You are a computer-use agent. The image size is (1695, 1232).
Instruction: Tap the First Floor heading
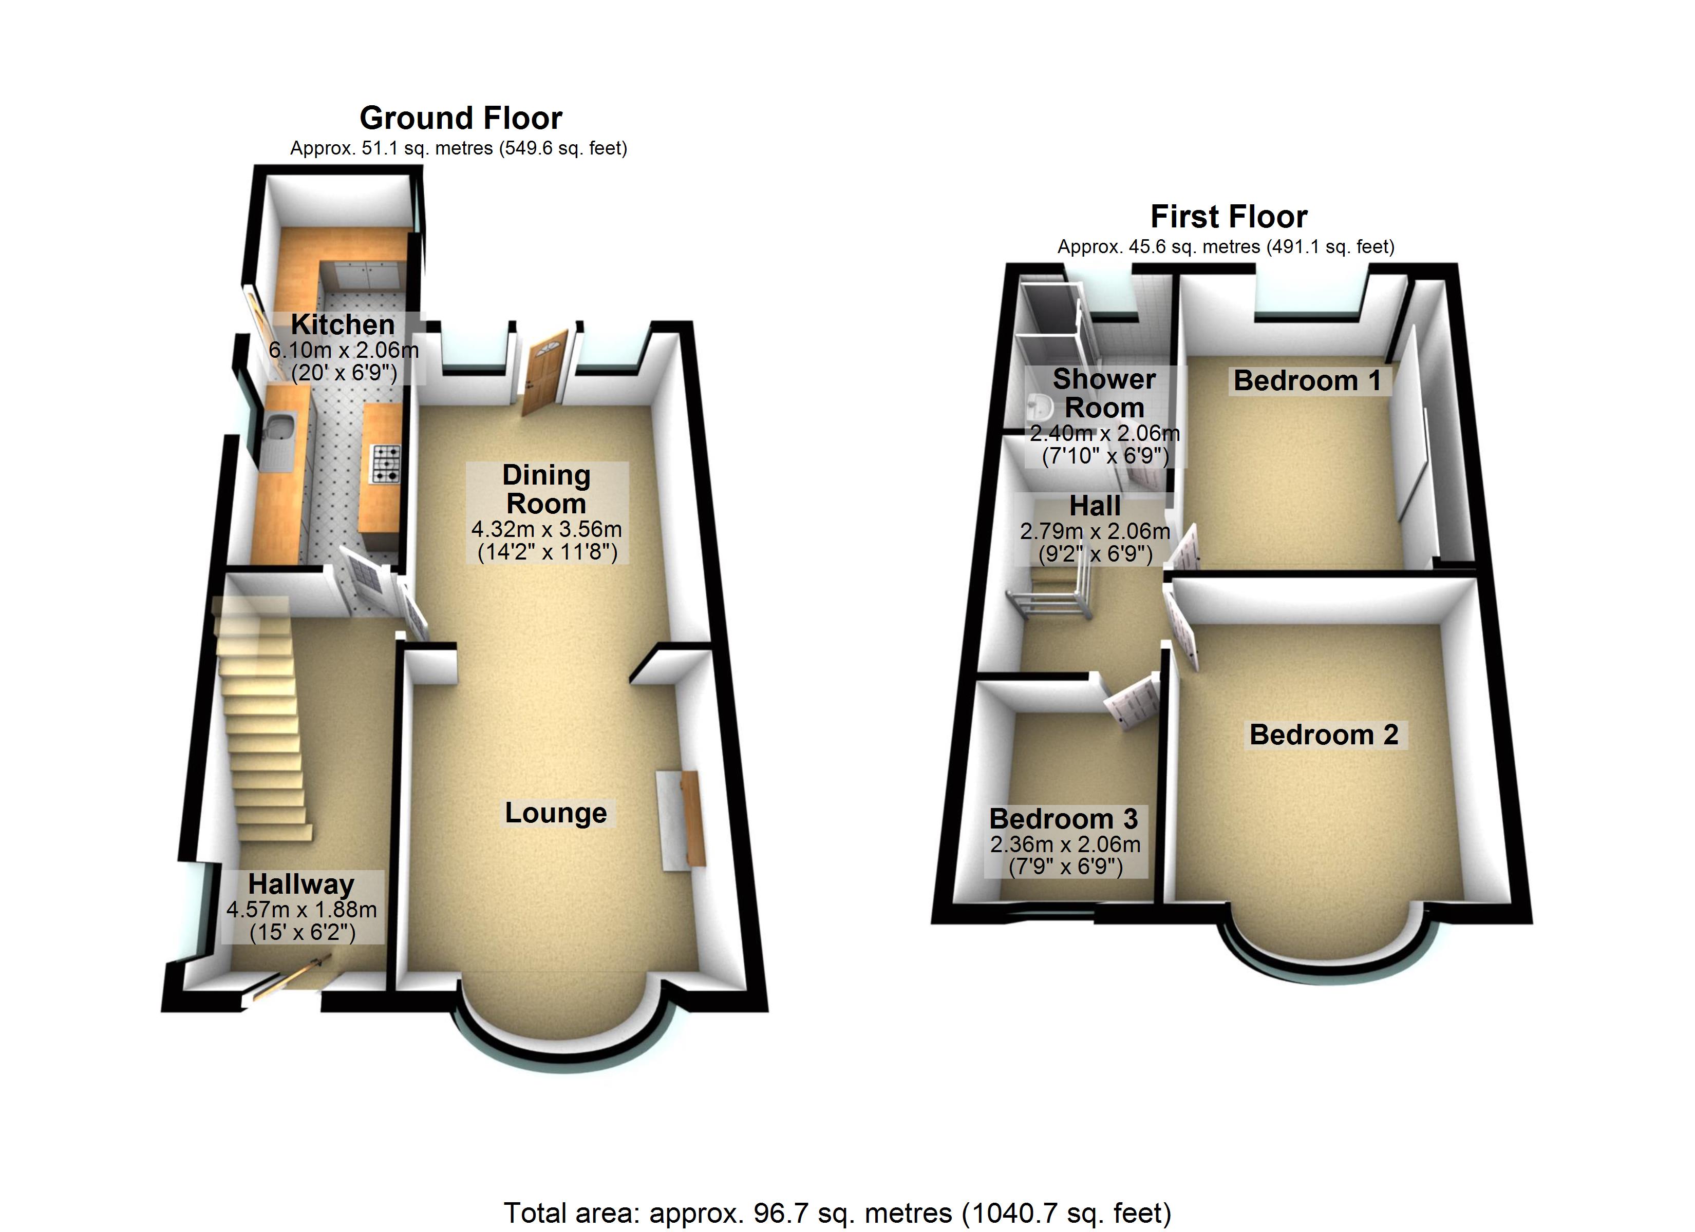tap(1229, 217)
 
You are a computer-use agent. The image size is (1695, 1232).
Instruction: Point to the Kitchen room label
tap(343, 324)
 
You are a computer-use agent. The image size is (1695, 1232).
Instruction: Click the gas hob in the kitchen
tap(386, 463)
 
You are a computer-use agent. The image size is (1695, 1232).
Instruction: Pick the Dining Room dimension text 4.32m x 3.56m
tap(547, 529)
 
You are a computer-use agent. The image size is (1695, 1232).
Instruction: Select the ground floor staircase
tap(261, 717)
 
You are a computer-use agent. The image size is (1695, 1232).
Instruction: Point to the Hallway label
tap(301, 884)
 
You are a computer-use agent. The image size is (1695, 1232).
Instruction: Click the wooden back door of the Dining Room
tap(544, 372)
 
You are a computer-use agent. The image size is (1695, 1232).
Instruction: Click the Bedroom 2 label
tap(1324, 735)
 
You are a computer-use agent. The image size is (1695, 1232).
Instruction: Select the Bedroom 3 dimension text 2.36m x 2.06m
tap(1065, 844)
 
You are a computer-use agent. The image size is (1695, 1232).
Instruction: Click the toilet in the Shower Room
tap(1040, 406)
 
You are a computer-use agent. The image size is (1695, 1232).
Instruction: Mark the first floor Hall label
tap(1095, 506)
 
